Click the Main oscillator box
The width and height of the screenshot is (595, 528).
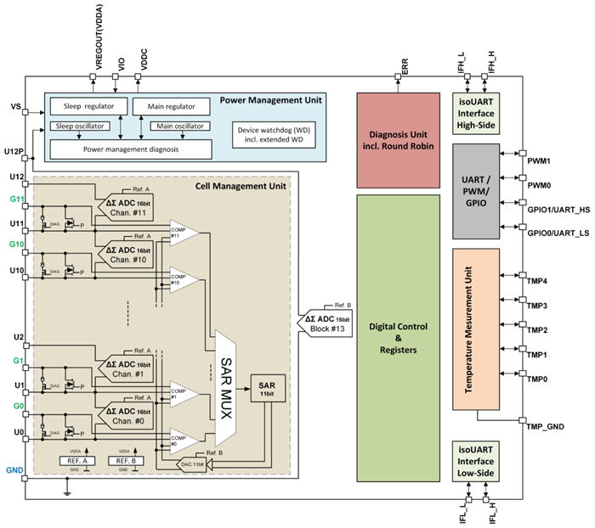179,126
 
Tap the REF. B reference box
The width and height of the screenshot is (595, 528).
124,463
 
